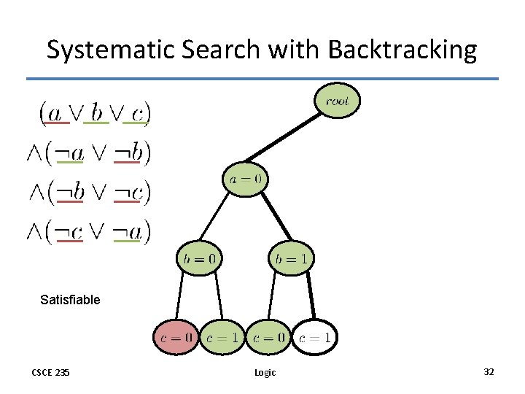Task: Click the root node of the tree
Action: pyautogui.click(x=337, y=101)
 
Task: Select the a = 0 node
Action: pyautogui.click(x=246, y=178)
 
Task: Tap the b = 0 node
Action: pyautogui.click(x=198, y=258)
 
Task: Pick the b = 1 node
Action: pyautogui.click(x=291, y=258)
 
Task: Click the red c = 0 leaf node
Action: pyautogui.click(x=176, y=337)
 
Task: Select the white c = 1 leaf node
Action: pyautogui.click(x=315, y=337)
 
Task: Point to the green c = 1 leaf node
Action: pyautogui.click(x=222, y=337)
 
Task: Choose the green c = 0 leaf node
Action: pyautogui.click(x=268, y=337)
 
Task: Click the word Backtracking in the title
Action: pyautogui.click(x=402, y=50)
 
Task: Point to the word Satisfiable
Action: pyautogui.click(x=70, y=299)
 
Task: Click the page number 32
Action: pyautogui.click(x=489, y=372)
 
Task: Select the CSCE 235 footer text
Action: pyautogui.click(x=50, y=373)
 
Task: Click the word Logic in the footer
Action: pyautogui.click(x=265, y=373)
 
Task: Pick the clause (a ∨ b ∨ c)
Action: pyautogui.click(x=95, y=113)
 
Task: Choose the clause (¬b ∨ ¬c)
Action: pyautogui.click(x=89, y=192)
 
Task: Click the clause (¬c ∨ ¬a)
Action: pyautogui.click(x=89, y=231)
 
